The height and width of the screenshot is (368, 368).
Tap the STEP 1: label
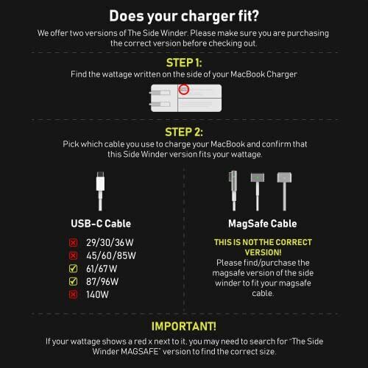(183, 62)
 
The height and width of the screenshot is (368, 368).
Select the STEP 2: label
(183, 132)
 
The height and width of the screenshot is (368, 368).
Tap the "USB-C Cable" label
(102, 224)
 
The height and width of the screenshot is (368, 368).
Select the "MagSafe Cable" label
(262, 224)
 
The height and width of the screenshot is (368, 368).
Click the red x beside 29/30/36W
(72, 242)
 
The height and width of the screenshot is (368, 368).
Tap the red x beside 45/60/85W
(72, 255)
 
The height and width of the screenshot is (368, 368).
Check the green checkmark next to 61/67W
(72, 268)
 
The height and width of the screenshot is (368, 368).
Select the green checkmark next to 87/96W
(72, 281)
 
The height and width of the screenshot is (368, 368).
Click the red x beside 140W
(72, 294)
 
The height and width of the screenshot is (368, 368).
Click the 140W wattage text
(96, 294)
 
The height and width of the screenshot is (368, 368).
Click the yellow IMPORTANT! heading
(183, 325)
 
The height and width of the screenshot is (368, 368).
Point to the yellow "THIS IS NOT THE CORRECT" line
(263, 242)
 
